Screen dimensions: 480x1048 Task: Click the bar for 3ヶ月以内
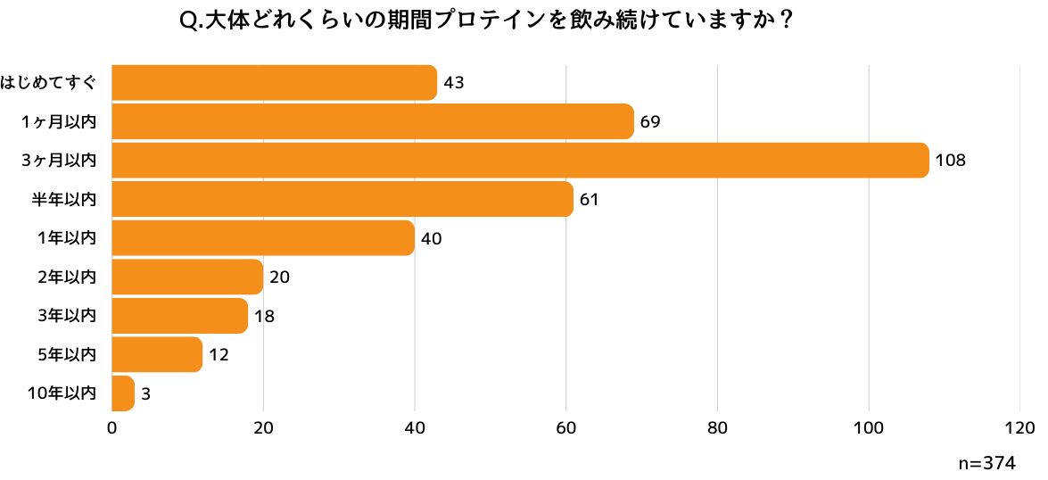[x=520, y=161]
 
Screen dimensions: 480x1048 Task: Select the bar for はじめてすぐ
[x=275, y=83]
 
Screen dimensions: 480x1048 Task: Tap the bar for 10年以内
[x=123, y=393]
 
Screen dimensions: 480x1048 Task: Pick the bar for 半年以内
[x=342, y=199]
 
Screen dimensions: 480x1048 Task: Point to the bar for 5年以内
[x=157, y=354]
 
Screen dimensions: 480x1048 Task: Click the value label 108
[x=950, y=161]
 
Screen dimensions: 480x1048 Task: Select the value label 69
[x=649, y=121]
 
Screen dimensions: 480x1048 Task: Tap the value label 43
[x=453, y=83]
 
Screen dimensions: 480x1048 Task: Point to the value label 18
[x=263, y=316]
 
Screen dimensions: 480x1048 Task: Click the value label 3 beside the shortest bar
[x=145, y=393]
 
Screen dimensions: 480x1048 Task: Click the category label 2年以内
[x=67, y=277]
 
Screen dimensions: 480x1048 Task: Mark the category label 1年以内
[x=67, y=238]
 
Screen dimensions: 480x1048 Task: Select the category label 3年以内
[x=67, y=316]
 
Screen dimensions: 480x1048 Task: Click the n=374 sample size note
[x=986, y=463]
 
